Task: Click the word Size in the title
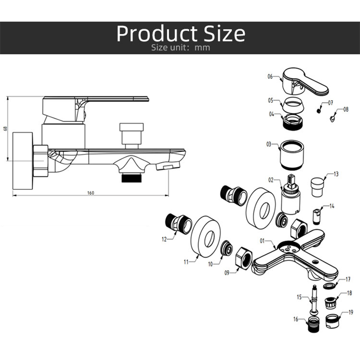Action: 219,34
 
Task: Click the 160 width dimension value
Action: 90,193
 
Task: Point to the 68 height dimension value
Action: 5,129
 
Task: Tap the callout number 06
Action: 270,76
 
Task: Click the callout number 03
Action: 269,144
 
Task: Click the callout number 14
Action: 332,206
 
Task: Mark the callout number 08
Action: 346,109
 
